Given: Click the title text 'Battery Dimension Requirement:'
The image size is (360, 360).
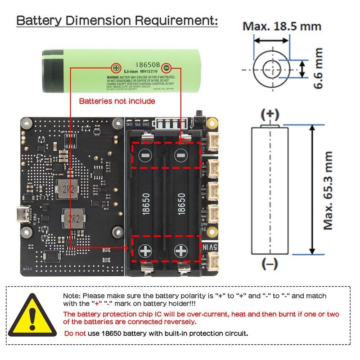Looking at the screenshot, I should click(117, 21).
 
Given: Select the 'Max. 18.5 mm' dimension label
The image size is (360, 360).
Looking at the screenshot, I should click(282, 26).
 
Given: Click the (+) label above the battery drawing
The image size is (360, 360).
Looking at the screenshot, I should click(270, 113).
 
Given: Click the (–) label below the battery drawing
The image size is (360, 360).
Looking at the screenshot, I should click(270, 265).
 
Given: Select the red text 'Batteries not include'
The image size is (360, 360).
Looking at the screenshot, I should click(117, 101).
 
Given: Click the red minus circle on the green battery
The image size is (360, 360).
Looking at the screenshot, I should click(166, 68).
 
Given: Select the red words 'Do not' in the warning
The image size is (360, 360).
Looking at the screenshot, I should click(75, 333).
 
